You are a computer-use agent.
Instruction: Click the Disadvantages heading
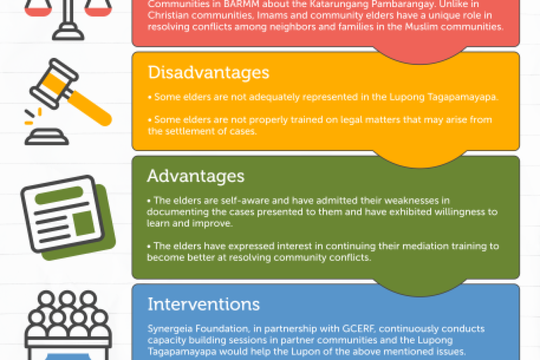pos(208,72)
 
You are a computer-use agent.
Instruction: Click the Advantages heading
pos(196,176)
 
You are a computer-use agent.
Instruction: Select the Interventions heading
pos(204,304)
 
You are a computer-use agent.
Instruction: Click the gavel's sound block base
pos(47,137)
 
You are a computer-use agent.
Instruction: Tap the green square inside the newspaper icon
pos(84,223)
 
